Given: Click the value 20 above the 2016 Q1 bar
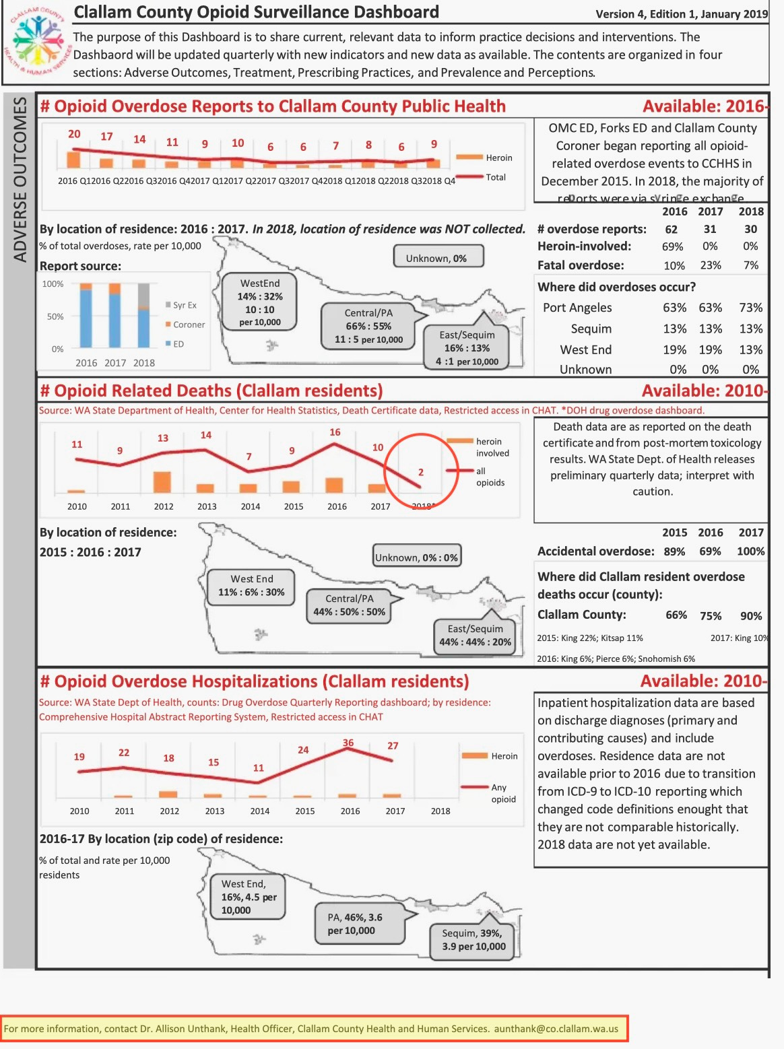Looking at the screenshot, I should tap(74, 134).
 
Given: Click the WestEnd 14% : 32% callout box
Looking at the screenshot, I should tap(259, 303).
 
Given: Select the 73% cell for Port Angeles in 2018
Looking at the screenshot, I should tap(750, 308).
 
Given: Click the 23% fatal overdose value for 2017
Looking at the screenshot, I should tap(711, 265).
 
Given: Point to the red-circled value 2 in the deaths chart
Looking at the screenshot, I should tap(420, 472).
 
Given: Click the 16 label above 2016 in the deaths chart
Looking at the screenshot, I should tap(335, 432).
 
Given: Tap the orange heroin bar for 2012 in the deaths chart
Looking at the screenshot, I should tap(162, 481).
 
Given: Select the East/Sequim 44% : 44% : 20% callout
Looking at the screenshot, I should tap(475, 636).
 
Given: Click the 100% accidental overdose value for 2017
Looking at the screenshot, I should tap(750, 551).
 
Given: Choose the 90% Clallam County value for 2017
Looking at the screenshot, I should tap(751, 615).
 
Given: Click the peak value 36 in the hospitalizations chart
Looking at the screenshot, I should tap(348, 743).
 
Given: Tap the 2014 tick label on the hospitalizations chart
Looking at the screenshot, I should tap(260, 811).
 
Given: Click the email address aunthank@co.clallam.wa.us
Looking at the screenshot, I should tap(556, 1029).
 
